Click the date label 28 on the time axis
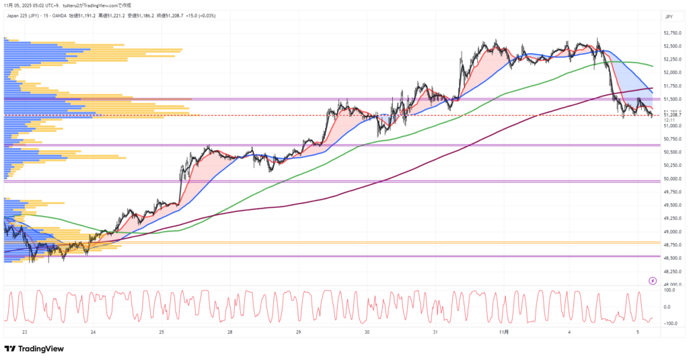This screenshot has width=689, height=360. tap(230, 332)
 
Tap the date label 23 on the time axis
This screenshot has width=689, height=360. tap(24, 332)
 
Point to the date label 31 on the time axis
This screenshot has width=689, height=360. tap(435, 332)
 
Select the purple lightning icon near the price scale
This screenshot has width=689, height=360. tap(651, 281)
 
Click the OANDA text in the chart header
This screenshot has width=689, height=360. tap(59, 14)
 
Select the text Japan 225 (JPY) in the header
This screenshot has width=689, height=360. tap(22, 14)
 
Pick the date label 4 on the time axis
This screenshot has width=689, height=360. tap(569, 332)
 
